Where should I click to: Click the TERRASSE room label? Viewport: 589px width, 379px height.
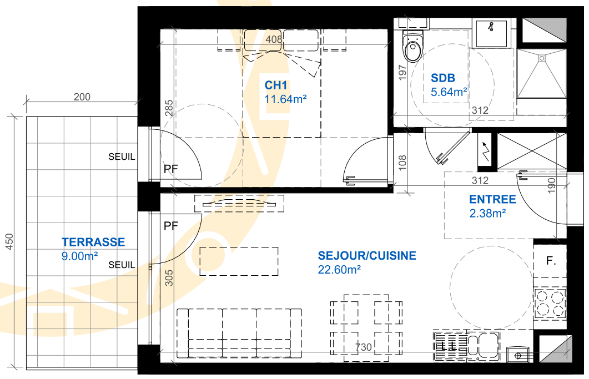pos(93,242)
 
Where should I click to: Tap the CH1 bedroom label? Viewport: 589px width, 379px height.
pos(276,85)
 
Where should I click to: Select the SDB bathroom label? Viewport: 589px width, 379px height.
pos(443,78)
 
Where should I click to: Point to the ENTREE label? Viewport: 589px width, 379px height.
pos(492,199)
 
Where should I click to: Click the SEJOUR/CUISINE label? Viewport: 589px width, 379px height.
pos(367,255)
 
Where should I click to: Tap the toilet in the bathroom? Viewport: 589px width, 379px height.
pos(412,46)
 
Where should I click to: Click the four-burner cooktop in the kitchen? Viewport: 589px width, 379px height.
pos(550,303)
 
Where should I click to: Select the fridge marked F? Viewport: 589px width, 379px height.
pos(550,261)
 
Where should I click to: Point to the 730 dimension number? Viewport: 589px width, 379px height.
pos(363,347)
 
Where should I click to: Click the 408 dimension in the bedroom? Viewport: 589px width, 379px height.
pos(274,39)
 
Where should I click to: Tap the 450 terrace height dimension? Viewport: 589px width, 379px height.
pos(9,242)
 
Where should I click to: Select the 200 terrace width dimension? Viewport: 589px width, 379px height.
pos(82,97)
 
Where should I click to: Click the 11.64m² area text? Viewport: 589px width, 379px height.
pos(285,99)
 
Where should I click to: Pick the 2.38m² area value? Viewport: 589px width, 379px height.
pos(487,213)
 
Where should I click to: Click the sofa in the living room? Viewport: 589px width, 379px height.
pos(239,333)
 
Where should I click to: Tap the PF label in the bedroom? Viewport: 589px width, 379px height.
pos(171,169)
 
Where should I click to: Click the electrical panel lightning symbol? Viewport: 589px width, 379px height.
pos(485,151)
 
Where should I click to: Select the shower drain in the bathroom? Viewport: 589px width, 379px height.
pos(542,58)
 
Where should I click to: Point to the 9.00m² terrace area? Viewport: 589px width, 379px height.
pos(79,256)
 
